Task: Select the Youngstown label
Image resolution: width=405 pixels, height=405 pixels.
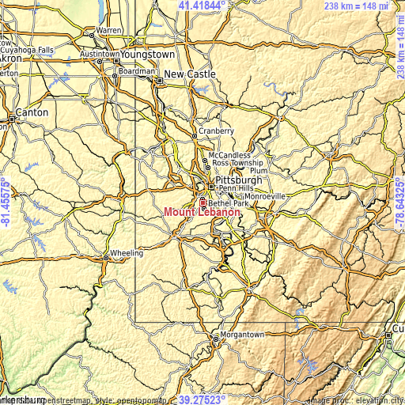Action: (147, 55)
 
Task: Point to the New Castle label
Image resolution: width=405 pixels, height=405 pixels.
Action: (190, 74)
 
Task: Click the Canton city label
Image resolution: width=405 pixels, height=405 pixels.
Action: (32, 112)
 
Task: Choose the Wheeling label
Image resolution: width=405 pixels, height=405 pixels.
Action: (127, 253)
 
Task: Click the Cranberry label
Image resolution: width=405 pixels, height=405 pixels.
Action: (216, 131)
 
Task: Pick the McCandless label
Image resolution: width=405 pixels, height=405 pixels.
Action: (229, 156)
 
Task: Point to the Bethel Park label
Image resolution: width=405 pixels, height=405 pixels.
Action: (229, 203)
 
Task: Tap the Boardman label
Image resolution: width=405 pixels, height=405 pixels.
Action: (137, 70)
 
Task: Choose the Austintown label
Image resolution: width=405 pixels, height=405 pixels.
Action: (99, 54)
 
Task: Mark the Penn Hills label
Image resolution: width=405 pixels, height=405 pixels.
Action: (238, 189)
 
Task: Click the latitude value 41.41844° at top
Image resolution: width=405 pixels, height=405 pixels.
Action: (202, 6)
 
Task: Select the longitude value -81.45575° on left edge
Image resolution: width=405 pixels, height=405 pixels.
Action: (6, 202)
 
